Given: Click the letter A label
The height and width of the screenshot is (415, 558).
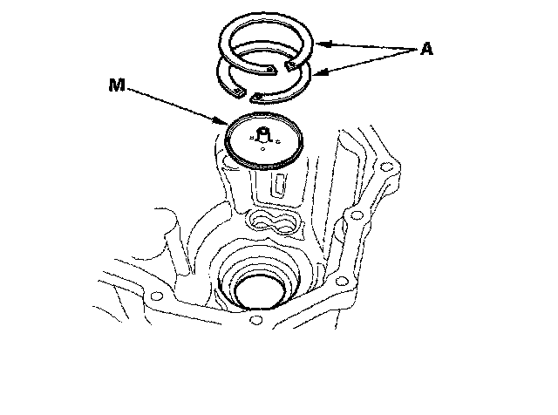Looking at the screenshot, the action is [x=426, y=51].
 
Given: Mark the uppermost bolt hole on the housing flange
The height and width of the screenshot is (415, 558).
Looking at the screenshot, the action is [x=384, y=165].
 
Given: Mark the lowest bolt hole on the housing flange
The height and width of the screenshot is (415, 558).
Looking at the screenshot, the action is [x=255, y=321].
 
